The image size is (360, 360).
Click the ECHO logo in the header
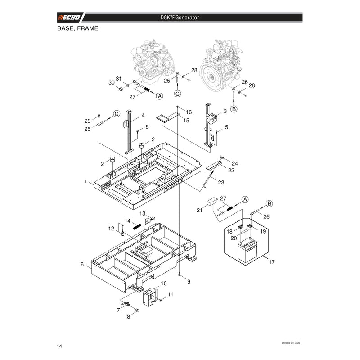click(70, 18)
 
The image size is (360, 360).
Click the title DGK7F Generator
click(180, 18)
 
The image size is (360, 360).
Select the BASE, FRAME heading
click(77, 28)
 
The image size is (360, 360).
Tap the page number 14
click(59, 346)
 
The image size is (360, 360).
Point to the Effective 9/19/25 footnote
click(291, 343)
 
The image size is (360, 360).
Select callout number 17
click(272, 262)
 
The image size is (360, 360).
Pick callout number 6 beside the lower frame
click(82, 265)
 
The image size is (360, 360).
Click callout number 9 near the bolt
click(189, 282)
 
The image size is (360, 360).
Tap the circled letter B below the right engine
click(234, 109)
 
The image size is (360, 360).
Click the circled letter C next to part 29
click(117, 114)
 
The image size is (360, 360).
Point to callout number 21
click(199, 210)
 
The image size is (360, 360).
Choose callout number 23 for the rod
click(221, 183)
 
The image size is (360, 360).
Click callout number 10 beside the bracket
click(164, 283)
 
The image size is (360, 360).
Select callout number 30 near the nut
click(112, 83)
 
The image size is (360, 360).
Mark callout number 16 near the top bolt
click(189, 112)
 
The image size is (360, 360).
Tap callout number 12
click(111, 229)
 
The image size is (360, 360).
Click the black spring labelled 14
click(137, 226)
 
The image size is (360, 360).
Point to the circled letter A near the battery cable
click(245, 199)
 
